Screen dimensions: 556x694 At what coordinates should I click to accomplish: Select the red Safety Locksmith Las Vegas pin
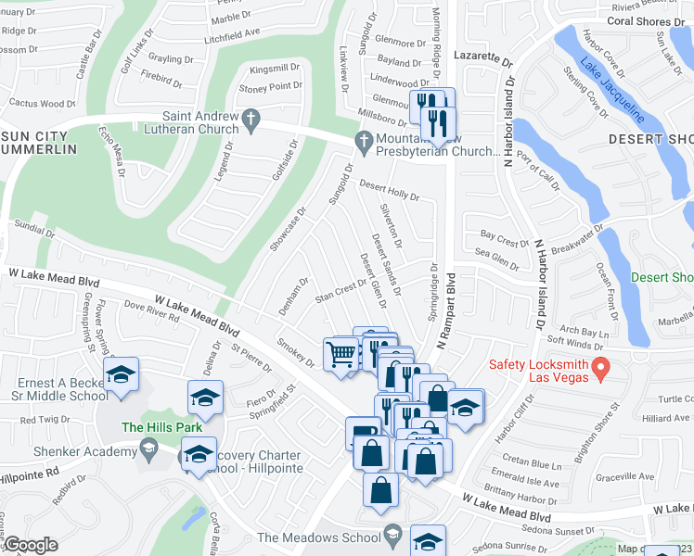600,368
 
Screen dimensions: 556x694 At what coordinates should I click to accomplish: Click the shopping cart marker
341,354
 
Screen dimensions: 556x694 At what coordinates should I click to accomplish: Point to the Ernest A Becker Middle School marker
121,376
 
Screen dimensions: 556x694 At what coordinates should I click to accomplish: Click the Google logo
31,546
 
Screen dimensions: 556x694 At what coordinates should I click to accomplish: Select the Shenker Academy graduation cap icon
148,451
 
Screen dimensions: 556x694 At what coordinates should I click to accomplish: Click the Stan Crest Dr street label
341,292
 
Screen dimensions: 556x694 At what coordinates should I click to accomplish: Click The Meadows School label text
319,538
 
